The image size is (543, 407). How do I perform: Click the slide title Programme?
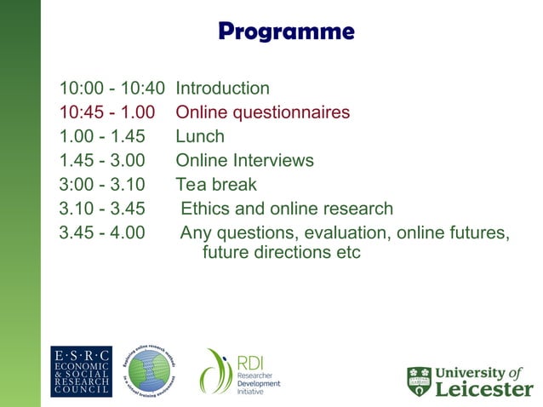pos(285,32)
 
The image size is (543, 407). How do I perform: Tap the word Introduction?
pos(222,89)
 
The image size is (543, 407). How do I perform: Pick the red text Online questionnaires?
pos(262,112)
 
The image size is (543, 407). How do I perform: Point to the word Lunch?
pos(200,136)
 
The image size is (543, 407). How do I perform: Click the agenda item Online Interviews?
pos(244,160)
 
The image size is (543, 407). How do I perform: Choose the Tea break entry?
pos(215,184)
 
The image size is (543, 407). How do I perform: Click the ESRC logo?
pos(81,371)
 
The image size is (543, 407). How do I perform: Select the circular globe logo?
pos(150,371)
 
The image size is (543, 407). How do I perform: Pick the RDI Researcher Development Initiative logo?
pos(240,371)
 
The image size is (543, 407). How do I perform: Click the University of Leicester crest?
pos(419,381)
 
